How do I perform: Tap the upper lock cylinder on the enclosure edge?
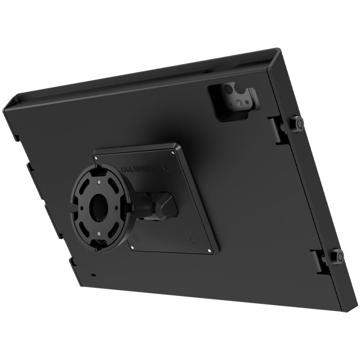pyautogui.click(x=297, y=124)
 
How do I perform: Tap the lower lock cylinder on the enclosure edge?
pyautogui.click(x=337, y=256)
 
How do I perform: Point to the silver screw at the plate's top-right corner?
pyautogui.click(x=173, y=152)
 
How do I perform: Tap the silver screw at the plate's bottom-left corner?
pyautogui.click(x=132, y=247)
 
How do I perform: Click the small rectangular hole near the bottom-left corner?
pyautogui.click(x=93, y=275)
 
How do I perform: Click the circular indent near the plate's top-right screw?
pyautogui.click(x=166, y=166)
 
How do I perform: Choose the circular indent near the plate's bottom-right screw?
pyautogui.click(x=194, y=239)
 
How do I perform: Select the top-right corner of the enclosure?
pyautogui.click(x=278, y=50)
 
